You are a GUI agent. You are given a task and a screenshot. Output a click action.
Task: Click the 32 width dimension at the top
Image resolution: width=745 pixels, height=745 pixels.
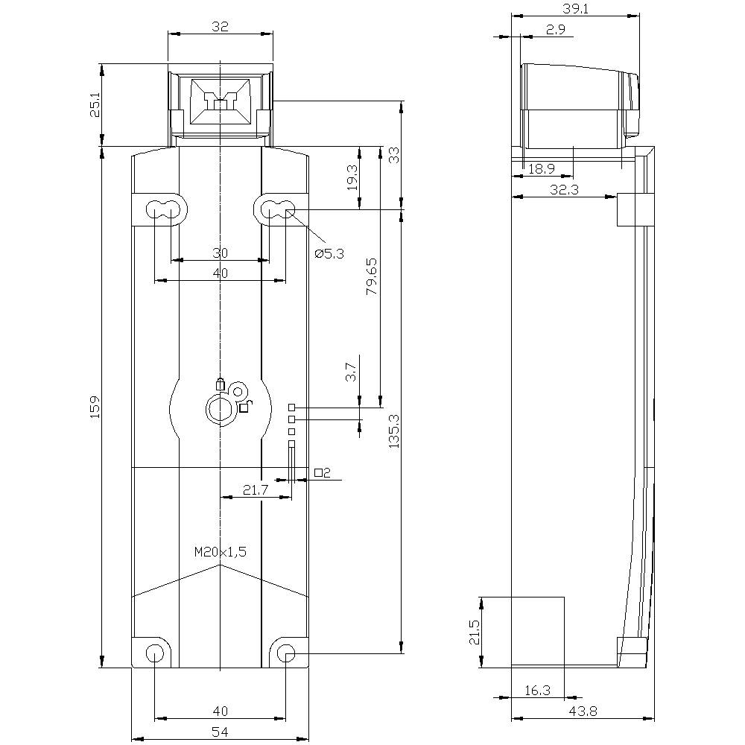[x=220, y=26]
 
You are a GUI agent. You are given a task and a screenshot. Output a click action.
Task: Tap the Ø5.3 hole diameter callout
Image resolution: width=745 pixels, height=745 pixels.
[x=329, y=253]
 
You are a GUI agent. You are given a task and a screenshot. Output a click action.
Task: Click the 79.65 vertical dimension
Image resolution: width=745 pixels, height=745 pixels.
[x=372, y=276]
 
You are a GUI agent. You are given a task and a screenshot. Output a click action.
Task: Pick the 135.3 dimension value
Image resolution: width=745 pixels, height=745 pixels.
[x=394, y=431]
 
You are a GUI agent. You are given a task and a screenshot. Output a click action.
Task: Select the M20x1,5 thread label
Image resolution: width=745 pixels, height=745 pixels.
[x=220, y=552]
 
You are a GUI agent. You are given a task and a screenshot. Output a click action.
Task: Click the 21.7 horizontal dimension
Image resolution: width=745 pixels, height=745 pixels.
[x=256, y=489]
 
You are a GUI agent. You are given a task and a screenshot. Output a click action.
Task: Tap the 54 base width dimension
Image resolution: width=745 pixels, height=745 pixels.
[x=220, y=732]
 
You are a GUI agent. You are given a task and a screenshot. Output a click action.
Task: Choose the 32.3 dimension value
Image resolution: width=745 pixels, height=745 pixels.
[x=564, y=190]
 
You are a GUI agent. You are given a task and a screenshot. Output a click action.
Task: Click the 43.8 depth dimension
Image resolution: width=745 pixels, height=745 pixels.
[x=583, y=711]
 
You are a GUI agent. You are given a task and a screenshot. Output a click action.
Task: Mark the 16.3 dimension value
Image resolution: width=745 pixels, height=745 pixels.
[x=537, y=691]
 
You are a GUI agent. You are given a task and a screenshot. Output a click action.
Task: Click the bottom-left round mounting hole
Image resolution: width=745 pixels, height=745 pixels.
[x=155, y=653]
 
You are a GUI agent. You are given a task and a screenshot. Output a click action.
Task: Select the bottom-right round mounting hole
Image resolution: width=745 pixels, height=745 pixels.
[x=286, y=653]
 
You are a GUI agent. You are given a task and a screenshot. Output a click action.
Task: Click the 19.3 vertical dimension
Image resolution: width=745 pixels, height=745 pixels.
[x=352, y=178]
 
